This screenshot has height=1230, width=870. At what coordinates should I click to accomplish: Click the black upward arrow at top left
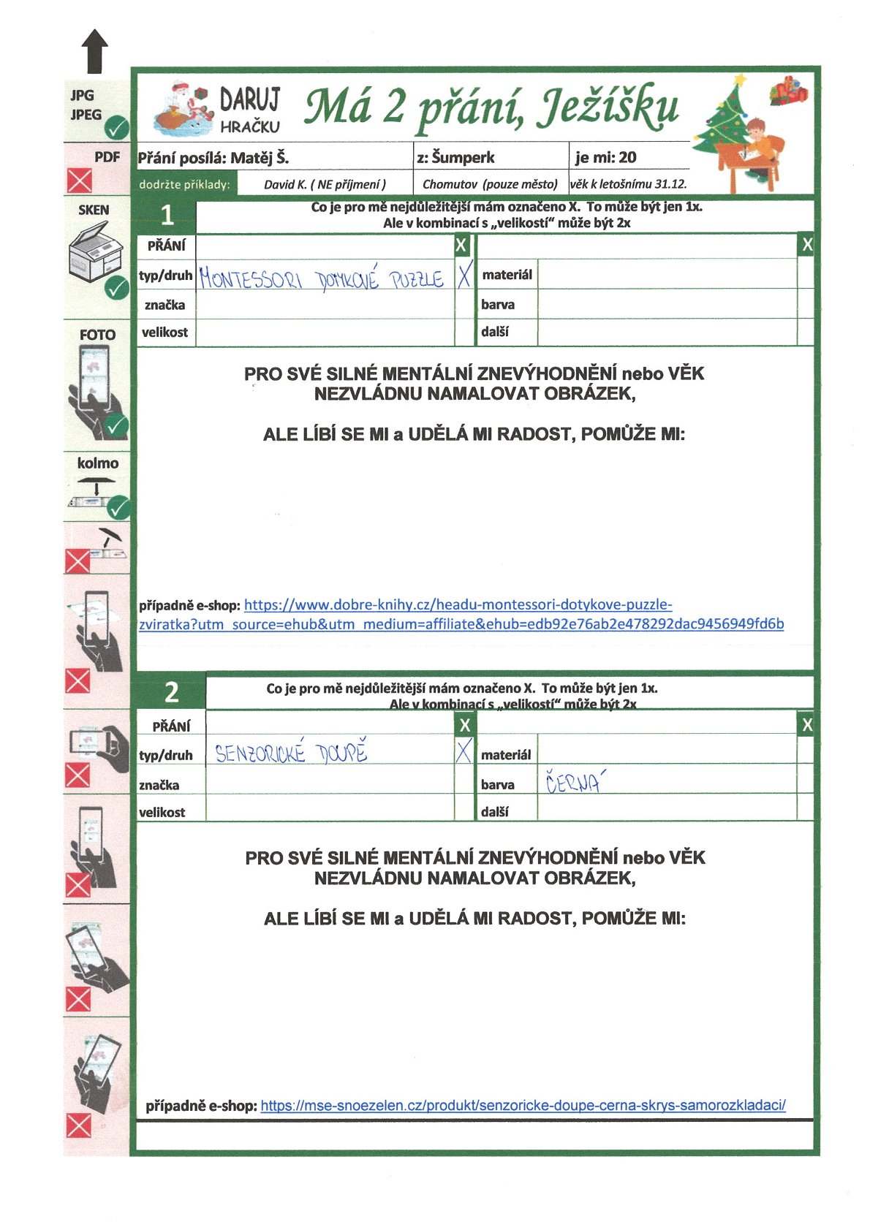[x=94, y=51]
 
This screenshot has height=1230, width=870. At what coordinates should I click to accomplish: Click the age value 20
[x=627, y=158]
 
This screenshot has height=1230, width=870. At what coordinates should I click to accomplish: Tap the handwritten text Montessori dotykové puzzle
[x=322, y=278]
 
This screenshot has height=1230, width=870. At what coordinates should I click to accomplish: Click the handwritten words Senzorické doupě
[x=291, y=753]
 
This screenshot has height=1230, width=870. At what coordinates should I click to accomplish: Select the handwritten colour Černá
[x=575, y=783]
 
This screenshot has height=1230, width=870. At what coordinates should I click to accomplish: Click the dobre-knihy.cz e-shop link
[x=461, y=615]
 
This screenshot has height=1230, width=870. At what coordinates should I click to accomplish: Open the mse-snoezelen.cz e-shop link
[x=523, y=1105]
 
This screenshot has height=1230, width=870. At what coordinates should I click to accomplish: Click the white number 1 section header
[x=167, y=216]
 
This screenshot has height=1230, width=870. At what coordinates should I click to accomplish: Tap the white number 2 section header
[x=171, y=691]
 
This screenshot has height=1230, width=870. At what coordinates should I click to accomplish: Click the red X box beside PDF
[x=80, y=180]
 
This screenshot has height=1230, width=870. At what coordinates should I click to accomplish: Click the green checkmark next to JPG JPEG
[x=116, y=129]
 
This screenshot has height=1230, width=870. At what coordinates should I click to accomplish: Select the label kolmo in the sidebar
[x=98, y=463]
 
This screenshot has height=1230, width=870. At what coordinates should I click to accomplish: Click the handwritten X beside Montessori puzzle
[x=464, y=276]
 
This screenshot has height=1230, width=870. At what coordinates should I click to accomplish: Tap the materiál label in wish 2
[x=506, y=755]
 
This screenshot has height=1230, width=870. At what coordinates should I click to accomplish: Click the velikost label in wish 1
[x=164, y=333]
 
